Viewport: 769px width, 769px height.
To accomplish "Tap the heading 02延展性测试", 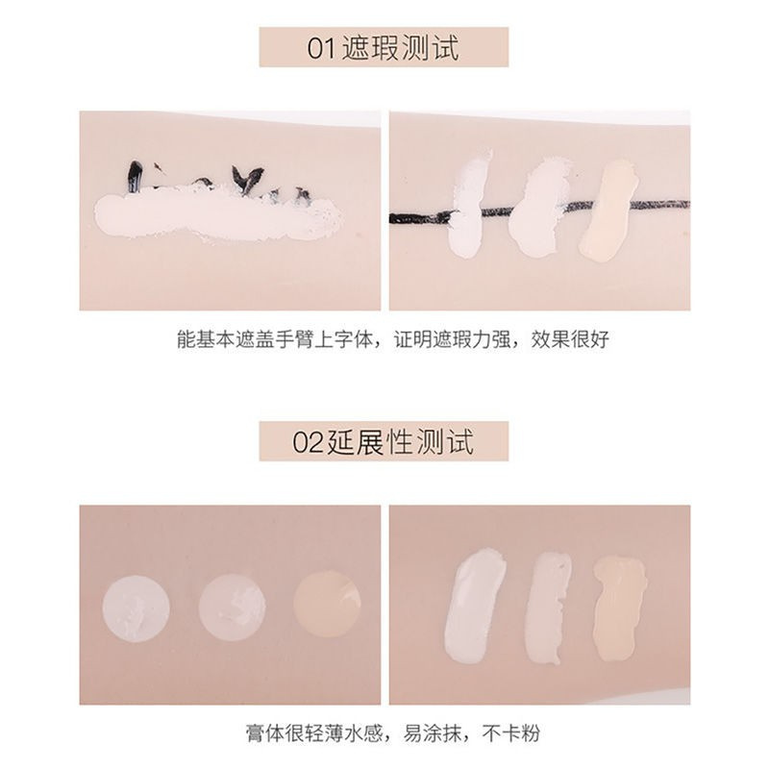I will pos(384,444).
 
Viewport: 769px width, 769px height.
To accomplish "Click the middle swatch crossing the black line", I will pos(535,207).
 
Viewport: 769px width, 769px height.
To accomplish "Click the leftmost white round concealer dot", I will pos(136,608).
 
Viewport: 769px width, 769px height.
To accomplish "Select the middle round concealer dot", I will pos(232,608).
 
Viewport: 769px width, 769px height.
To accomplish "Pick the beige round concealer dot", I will pos(326,604).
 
